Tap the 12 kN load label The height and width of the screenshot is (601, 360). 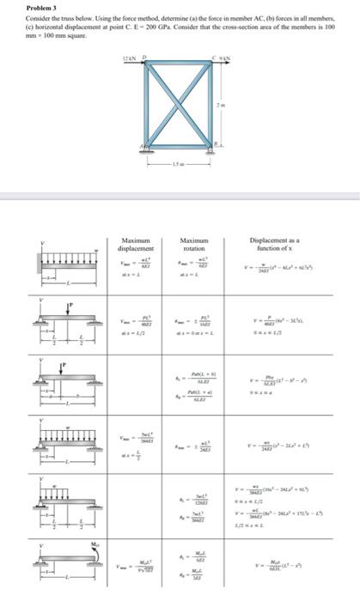129,58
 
